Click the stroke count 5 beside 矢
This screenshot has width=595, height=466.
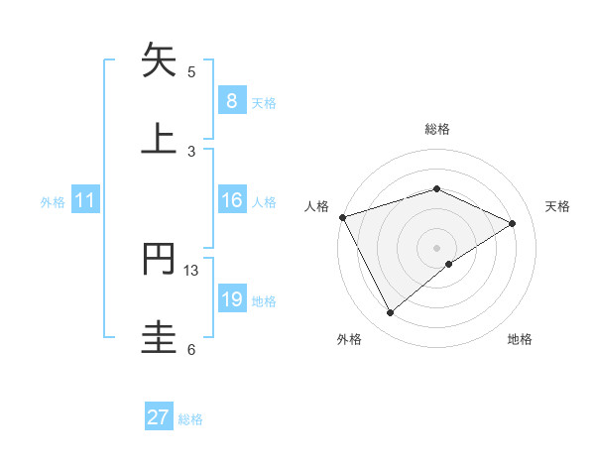coord(191,71)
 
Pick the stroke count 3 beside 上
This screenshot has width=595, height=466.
coord(191,151)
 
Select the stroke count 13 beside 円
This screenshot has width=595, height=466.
coord(191,270)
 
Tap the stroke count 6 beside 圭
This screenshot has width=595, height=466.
coord(191,349)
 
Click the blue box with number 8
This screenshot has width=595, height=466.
coord(231,101)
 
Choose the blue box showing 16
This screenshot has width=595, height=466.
coord(231,201)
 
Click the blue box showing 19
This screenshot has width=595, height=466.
coord(231,300)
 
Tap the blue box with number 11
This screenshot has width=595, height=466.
coord(85,201)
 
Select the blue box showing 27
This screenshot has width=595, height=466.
coord(159,417)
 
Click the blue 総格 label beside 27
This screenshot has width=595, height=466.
coord(190,419)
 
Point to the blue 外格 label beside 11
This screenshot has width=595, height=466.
coord(53,202)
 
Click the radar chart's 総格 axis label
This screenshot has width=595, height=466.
coord(436,129)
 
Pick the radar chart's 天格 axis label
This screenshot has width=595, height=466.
coord(557,206)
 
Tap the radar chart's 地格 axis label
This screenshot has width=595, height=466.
coord(520,339)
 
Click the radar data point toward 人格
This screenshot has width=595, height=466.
coord(342,217)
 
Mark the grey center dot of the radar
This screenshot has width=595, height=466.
coord(436,247)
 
